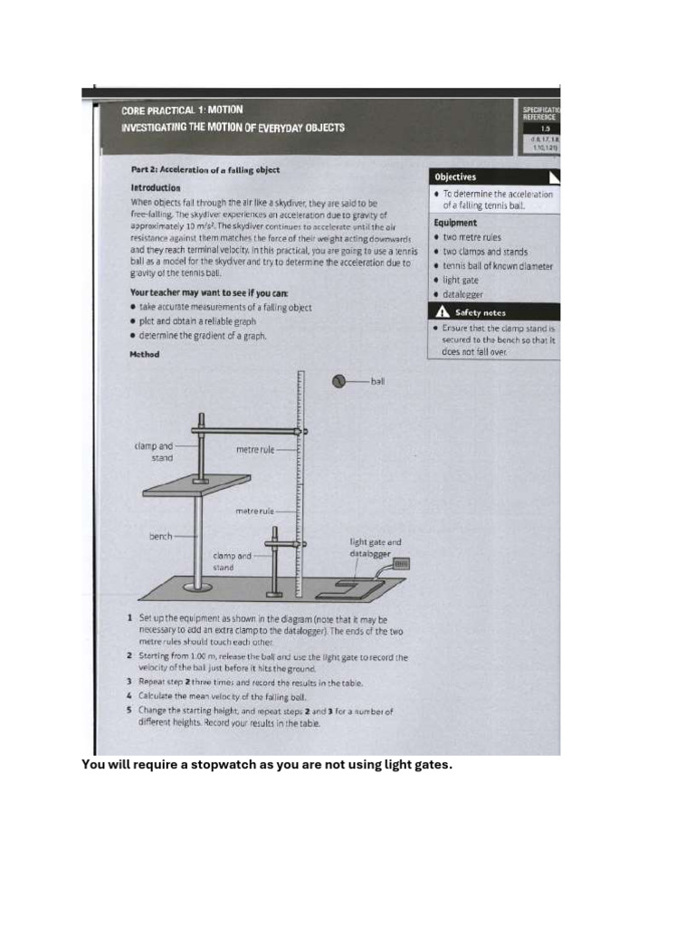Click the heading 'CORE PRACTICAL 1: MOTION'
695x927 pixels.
coord(182,110)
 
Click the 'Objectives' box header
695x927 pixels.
coord(455,177)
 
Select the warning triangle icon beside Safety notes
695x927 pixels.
coord(443,311)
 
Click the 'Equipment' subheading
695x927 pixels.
coord(455,223)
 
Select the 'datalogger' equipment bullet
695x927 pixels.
coord(462,294)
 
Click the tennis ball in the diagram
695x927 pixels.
coord(340,381)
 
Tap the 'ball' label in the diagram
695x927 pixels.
coord(377,381)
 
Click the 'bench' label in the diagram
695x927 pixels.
coord(160,536)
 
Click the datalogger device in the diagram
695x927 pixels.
coord(402,563)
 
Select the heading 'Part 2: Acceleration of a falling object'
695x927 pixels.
coord(205,170)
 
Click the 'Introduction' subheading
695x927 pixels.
coord(156,187)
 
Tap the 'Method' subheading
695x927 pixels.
coord(145,354)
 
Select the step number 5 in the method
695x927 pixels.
coord(130,712)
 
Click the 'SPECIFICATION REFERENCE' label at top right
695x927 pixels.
coord(539,112)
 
